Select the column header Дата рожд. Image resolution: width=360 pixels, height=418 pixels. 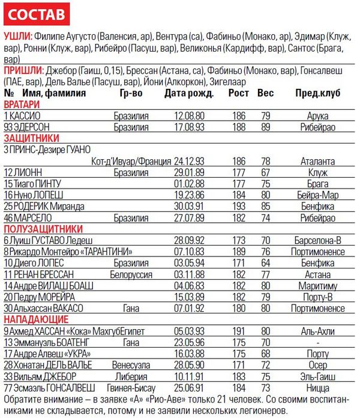tap(189, 94)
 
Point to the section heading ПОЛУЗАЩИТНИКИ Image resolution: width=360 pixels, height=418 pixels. tap(42, 228)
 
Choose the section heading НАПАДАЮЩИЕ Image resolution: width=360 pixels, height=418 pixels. tap(36, 320)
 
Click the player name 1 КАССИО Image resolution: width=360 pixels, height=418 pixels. tap(22, 115)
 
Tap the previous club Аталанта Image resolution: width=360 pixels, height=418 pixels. tap(317, 162)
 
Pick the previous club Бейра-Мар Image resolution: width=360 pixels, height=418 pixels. tap(317, 195)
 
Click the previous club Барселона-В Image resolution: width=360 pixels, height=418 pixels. tap(317, 240)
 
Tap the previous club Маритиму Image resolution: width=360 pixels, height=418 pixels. tap(317, 285)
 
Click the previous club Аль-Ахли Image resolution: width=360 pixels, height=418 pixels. tap(317, 331)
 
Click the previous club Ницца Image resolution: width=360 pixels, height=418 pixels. tap(317, 388)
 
